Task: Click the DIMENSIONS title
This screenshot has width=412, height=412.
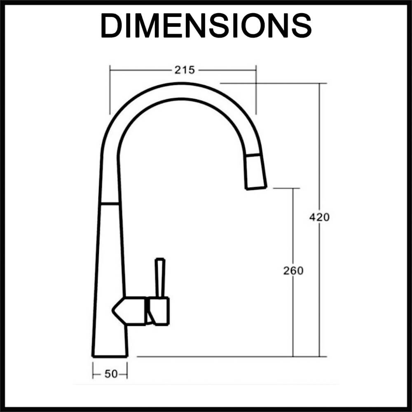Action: [x=206, y=26]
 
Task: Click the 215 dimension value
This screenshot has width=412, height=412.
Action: [x=185, y=70]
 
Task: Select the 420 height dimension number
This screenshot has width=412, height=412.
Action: [x=319, y=217]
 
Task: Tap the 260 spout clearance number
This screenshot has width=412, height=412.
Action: [x=293, y=271]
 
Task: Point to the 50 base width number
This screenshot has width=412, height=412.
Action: [x=111, y=374]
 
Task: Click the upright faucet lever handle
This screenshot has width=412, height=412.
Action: [x=160, y=278]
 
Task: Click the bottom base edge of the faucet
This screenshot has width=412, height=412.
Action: [x=110, y=356]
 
